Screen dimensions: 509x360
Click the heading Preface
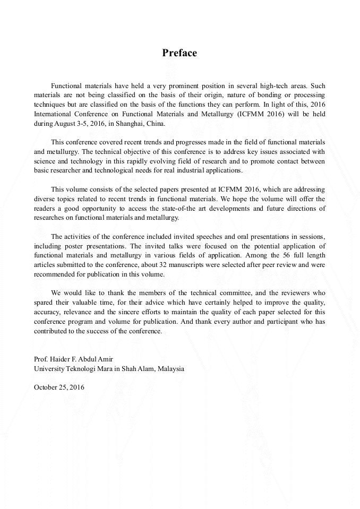[179, 53]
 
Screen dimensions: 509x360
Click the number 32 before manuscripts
[143, 265]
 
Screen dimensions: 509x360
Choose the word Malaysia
[170, 368]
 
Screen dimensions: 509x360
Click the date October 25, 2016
[59, 387]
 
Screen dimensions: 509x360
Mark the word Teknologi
[87, 368]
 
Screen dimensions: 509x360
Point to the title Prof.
[40, 359]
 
